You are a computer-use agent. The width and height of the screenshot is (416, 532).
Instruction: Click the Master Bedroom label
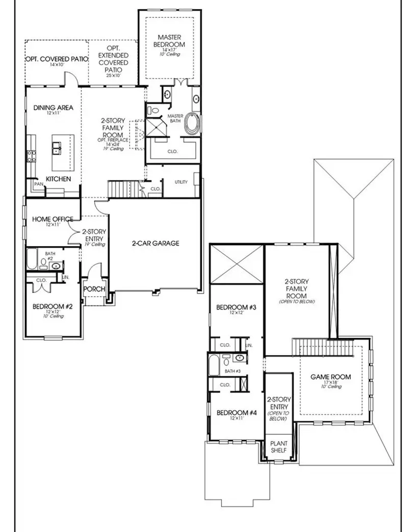pos(171,41)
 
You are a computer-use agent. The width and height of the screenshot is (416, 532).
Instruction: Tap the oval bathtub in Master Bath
pos(193,124)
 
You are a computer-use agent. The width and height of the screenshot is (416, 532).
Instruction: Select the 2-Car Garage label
pos(155,244)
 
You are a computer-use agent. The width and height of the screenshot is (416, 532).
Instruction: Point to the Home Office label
pos(53,219)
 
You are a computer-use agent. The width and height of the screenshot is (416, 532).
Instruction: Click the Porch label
pos(94,289)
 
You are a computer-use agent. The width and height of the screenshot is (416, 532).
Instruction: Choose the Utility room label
pos(181,182)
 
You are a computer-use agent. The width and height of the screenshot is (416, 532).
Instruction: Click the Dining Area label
pos(54,108)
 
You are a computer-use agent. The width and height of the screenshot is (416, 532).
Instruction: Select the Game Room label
pos(331,377)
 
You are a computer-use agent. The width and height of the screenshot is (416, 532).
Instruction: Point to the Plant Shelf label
pos(278,447)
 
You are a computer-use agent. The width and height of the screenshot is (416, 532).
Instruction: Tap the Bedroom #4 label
pos(236,413)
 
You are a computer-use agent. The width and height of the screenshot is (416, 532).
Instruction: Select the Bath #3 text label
pos(232,371)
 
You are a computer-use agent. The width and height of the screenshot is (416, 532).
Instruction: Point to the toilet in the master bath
pos(154,109)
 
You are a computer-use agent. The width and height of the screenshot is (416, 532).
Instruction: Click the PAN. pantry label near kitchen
pos(38,183)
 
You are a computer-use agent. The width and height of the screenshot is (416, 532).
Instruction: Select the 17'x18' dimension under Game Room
pos(331,383)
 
